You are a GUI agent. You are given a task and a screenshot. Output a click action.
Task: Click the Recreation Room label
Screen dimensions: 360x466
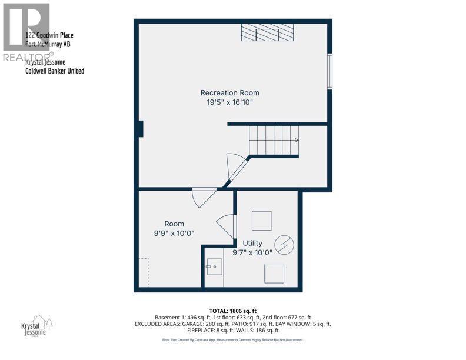tap(229, 92)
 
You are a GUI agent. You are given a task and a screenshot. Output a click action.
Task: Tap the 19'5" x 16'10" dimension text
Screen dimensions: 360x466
tap(229, 102)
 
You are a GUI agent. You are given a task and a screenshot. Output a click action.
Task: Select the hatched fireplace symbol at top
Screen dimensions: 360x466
tap(267, 32)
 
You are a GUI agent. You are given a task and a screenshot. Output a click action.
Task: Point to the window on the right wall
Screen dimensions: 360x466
tap(330, 71)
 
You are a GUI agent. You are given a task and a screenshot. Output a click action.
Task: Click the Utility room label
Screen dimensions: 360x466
tap(252, 243)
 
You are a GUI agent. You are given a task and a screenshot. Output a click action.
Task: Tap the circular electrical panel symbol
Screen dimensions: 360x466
tap(284, 244)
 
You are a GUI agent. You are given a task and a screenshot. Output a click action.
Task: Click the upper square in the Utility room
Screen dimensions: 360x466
tap(262, 221)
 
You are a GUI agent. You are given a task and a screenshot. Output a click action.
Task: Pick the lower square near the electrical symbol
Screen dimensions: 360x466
tap(274, 274)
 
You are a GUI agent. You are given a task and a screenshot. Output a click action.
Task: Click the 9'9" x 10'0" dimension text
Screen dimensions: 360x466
tap(174, 233)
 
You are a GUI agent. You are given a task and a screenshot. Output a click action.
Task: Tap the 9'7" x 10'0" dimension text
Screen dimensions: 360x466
tap(252, 253)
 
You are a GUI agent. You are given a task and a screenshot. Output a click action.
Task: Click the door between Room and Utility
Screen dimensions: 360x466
tap(227, 226)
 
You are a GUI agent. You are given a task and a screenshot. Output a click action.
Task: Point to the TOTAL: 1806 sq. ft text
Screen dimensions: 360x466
tap(233, 311)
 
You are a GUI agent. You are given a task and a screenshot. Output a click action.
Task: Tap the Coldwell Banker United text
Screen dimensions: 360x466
tap(55, 71)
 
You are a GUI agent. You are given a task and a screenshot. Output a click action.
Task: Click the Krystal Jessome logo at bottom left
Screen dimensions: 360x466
tap(35, 327)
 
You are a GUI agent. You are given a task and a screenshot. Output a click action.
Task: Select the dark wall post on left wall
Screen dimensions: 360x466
tap(140, 128)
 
